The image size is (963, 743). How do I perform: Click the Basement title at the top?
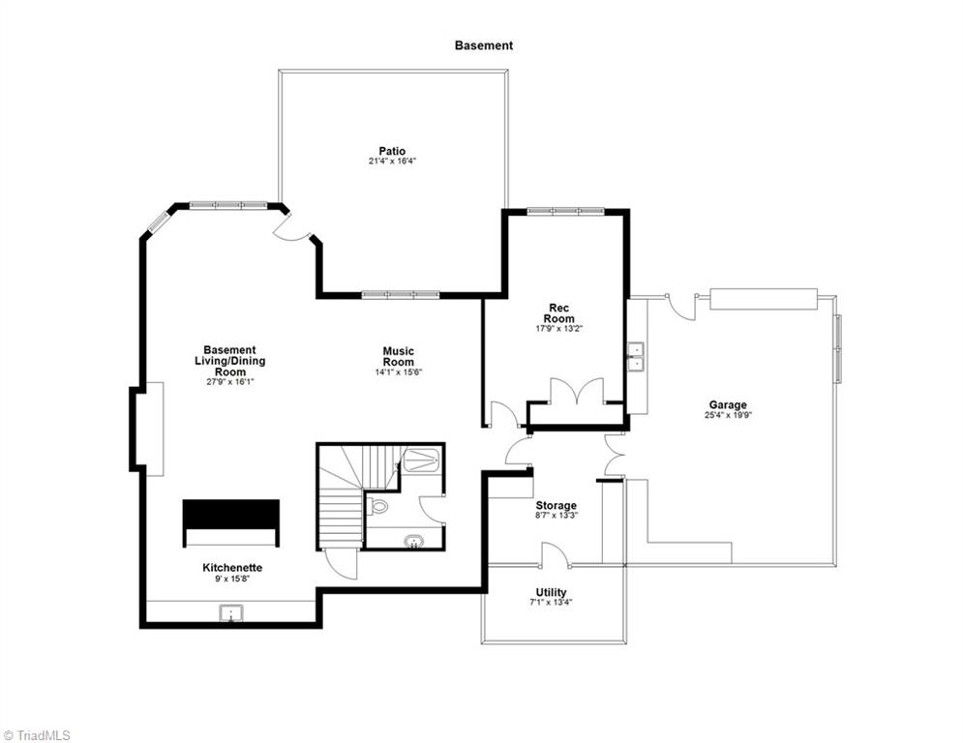pos(483,45)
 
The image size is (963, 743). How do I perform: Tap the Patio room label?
pos(392,151)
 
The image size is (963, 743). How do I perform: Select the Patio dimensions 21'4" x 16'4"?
pos(392,162)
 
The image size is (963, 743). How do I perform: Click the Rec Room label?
pos(558,313)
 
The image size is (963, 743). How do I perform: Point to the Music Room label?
pos(399,356)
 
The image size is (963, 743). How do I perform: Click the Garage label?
pos(728,404)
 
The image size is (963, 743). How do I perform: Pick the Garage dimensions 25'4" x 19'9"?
pos(729,415)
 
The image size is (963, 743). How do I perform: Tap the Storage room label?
pos(556,505)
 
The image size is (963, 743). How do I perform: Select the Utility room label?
pos(551,592)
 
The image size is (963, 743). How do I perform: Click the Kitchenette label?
pos(232,568)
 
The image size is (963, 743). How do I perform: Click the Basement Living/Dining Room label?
pos(230,361)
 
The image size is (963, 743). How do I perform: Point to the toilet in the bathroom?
pos(378,507)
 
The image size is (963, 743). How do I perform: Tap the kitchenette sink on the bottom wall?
pos(231,613)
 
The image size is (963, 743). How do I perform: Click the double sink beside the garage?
pos(635,357)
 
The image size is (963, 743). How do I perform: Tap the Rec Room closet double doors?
pos(576,391)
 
